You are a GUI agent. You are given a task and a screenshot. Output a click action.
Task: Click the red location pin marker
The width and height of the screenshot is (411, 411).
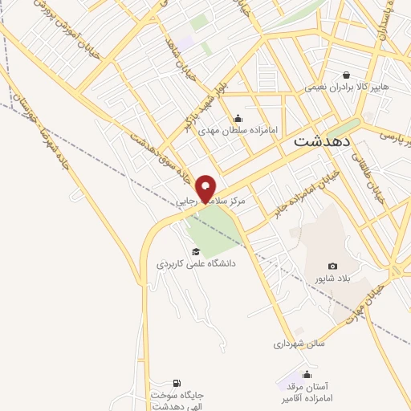pos(206,188)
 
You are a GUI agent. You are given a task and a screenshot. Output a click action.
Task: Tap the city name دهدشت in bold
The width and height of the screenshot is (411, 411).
pos(319,140)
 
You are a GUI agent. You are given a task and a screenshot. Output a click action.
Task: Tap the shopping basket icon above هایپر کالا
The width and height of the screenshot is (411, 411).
pos(346,74)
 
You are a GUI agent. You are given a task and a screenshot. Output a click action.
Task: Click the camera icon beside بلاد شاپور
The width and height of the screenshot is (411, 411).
pos(332,267)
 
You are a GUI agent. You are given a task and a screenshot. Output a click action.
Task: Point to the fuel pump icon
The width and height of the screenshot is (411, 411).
pos(177,382)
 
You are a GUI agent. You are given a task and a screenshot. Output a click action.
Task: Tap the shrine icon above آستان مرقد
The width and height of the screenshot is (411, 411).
pos(305,374)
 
